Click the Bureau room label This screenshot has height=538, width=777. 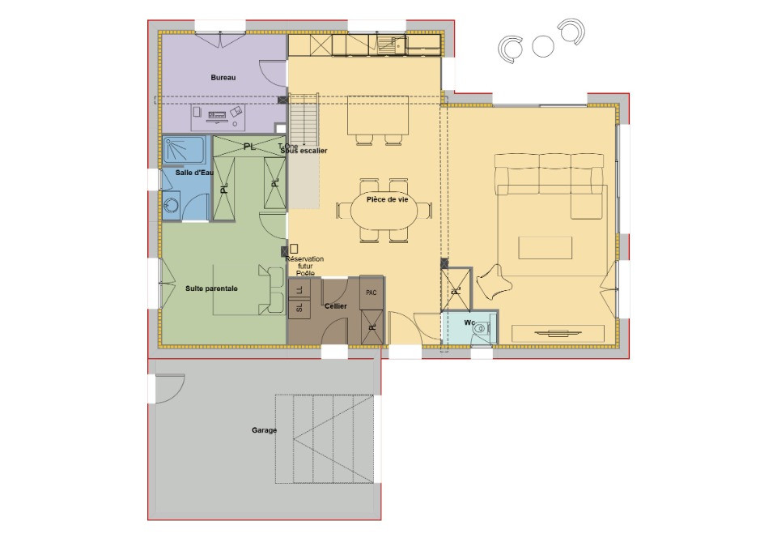click(x=223, y=77)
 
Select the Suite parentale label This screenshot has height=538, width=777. click(x=211, y=288)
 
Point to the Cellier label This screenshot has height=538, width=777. click(x=335, y=306)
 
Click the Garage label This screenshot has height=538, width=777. click(x=264, y=430)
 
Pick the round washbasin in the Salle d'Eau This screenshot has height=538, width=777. click(x=171, y=206)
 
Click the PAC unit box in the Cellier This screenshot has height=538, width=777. click(x=372, y=292)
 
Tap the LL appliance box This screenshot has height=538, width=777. click(x=299, y=289)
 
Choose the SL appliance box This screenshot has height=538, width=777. click(x=299, y=308)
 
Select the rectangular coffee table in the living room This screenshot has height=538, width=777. click(x=546, y=247)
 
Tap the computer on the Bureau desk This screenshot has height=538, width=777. click(x=217, y=116)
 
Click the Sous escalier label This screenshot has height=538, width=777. click(x=300, y=151)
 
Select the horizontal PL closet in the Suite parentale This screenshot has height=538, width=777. click(x=248, y=146)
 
